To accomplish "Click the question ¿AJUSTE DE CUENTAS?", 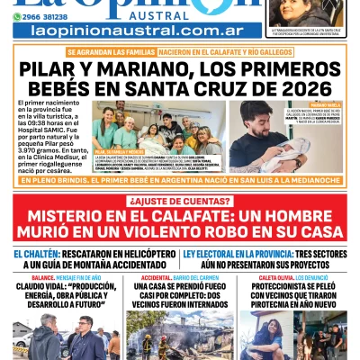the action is tap(180, 200).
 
